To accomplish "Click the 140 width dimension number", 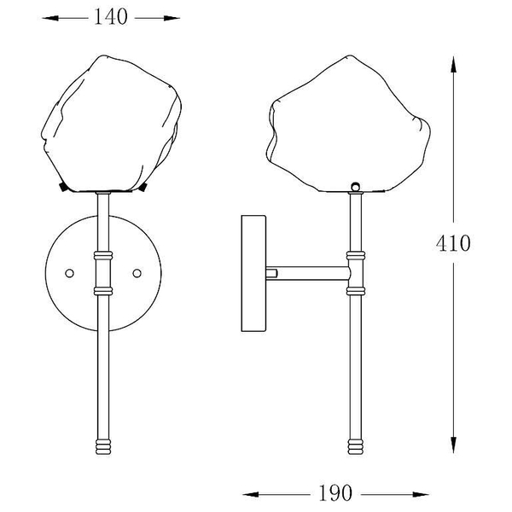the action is [x=111, y=17].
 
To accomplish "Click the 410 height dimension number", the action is [x=453, y=243].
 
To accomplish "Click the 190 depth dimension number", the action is [x=335, y=493].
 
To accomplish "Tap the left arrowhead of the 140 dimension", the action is [x=50, y=18].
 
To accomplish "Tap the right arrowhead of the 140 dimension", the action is [x=172, y=18].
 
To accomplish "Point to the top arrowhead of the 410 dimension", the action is [x=453, y=64].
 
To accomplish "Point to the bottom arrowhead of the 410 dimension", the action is [x=453, y=445].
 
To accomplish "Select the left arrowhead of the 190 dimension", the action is [x=251, y=495].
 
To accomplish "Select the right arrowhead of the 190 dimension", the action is [x=421, y=495].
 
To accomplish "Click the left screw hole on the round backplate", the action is [x=70, y=273].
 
